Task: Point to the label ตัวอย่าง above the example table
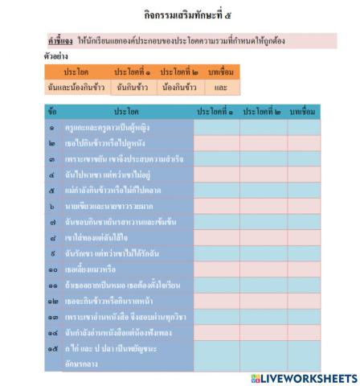click(56, 57)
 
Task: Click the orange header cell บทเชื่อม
click(220, 72)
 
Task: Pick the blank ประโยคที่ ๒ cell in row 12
click(263, 302)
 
